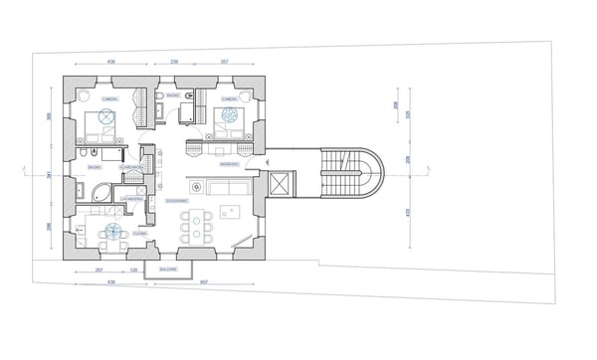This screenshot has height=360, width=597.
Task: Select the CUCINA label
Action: click(x=140, y=233)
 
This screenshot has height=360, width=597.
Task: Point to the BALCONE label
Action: click(x=168, y=269)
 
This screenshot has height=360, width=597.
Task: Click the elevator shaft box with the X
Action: click(x=284, y=185)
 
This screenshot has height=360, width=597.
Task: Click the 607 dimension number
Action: click(x=203, y=281)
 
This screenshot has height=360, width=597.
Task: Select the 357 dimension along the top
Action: click(x=225, y=62)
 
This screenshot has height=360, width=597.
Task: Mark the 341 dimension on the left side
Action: click(x=50, y=176)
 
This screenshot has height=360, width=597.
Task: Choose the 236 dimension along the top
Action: click(x=175, y=62)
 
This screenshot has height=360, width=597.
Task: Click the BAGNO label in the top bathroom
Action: click(x=173, y=95)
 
